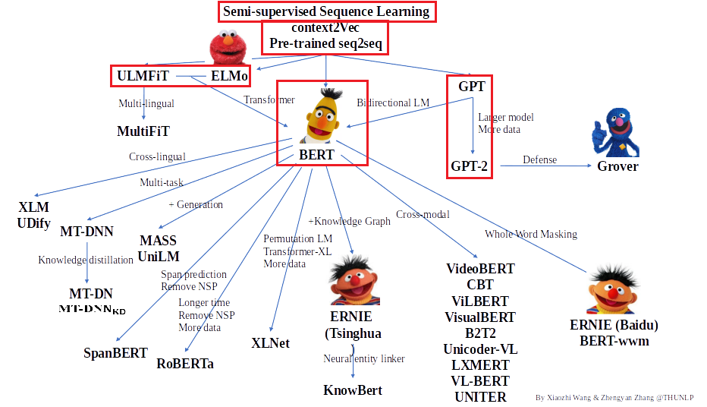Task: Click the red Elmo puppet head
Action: coord(229,49)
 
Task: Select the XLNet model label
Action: coord(270,343)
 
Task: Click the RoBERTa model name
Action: coord(185,364)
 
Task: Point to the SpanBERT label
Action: coord(115,353)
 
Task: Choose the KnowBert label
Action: coord(353,390)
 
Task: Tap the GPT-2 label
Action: coord(470,166)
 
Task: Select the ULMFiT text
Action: coord(143,77)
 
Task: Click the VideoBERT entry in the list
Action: coord(480,269)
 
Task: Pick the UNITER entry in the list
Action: coord(480,396)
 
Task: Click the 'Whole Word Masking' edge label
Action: coord(531,234)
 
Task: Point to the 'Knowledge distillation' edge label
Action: coord(86,260)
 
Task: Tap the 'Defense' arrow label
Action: coord(539,160)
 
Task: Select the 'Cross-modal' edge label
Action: coord(423,215)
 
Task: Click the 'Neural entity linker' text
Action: coord(364,358)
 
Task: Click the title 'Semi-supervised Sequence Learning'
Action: coord(326,12)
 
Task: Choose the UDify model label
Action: coord(33,222)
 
